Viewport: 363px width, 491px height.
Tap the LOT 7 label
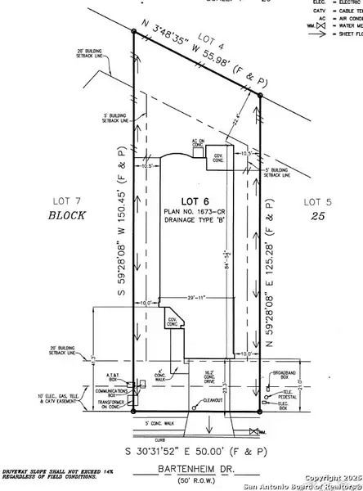62,200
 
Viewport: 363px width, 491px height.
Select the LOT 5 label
316,200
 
